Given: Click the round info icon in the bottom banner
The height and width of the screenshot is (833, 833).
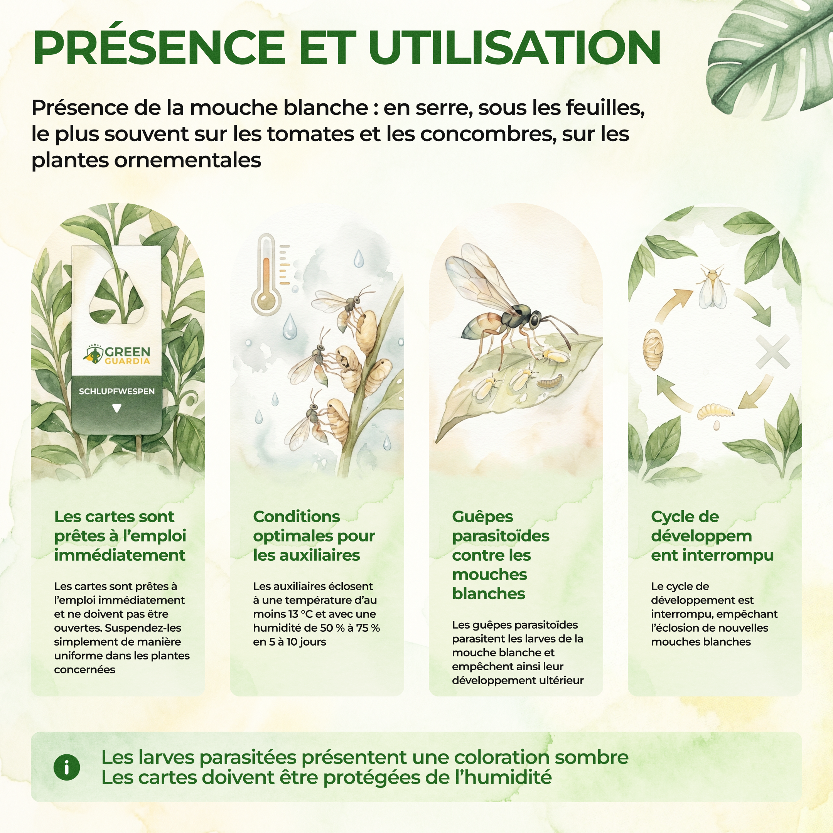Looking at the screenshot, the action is (66, 767).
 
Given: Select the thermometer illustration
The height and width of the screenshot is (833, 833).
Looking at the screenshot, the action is (266, 274).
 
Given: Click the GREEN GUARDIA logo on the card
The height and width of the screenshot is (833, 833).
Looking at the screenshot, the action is (117, 354).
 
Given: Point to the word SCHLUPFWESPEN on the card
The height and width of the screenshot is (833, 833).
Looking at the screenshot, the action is (116, 391).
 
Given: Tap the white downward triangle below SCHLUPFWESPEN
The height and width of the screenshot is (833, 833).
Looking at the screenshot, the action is (116, 408).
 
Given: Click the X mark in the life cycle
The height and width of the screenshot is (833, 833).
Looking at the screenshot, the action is (772, 352).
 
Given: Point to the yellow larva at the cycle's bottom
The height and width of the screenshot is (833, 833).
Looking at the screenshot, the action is (716, 411).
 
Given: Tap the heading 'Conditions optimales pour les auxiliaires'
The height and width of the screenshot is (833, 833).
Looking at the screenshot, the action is (314, 536).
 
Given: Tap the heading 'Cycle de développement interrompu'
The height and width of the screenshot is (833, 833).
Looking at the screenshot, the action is (712, 536).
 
